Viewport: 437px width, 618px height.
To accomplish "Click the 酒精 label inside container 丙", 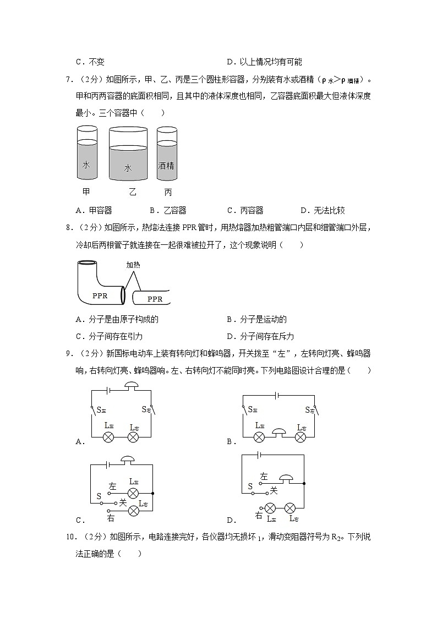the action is point(166,165).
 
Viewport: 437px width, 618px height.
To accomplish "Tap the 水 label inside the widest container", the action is point(128,168).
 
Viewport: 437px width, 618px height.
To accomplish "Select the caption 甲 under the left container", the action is point(86,192).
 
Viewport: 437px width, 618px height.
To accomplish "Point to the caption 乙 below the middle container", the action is point(132,192).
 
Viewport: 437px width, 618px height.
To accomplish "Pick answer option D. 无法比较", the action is point(323,210).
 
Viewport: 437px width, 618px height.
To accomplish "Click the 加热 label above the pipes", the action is point(133,265).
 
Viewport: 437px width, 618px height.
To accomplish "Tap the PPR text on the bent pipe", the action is point(100,295).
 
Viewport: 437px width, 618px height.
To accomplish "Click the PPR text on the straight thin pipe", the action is point(155,299).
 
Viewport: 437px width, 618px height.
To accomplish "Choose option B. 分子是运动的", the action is point(256,319).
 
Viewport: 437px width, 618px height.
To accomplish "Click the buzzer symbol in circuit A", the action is point(132,386).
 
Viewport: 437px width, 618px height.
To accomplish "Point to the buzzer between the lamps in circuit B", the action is point(280,435).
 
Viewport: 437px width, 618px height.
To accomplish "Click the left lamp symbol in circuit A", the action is point(109,437).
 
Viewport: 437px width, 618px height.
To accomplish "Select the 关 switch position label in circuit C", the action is point(123,502).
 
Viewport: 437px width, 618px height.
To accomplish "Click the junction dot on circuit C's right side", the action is point(152,493).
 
